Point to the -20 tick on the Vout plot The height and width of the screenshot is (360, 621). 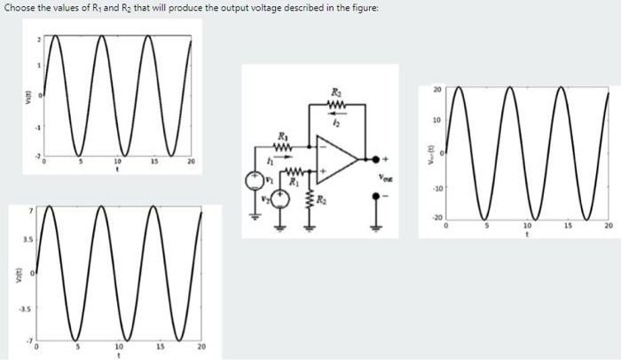coord(436,218)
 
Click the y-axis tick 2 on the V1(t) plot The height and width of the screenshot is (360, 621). coord(38,40)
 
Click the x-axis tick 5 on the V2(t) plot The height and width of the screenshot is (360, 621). coord(76,348)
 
